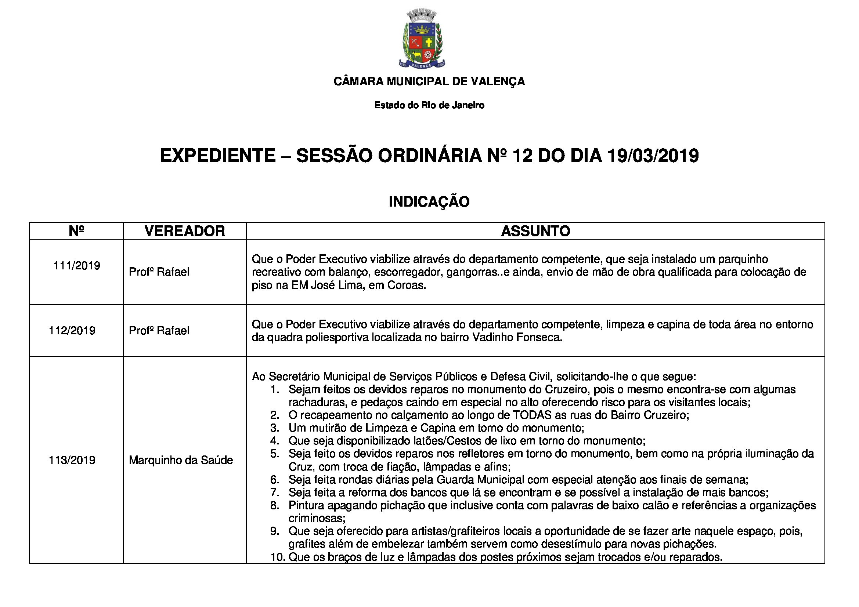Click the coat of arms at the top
pyautogui.click(x=422, y=39)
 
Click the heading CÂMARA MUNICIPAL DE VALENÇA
pyautogui.click(x=429, y=81)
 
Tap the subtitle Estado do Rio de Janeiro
pyautogui.click(x=429, y=105)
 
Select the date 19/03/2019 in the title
pyautogui.click(x=653, y=156)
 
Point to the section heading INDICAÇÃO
pyautogui.click(x=429, y=202)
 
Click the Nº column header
pyautogui.click(x=76, y=231)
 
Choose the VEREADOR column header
pyautogui.click(x=185, y=231)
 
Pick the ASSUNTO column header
pyautogui.click(x=535, y=231)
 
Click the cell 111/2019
pyautogui.click(x=77, y=266)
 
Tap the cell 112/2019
pyautogui.click(x=72, y=331)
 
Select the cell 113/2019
pyautogui.click(x=72, y=460)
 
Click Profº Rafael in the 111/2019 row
pyautogui.click(x=159, y=272)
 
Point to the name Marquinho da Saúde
pyautogui.click(x=181, y=460)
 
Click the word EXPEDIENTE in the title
pyautogui.click(x=218, y=156)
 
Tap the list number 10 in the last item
pyautogui.click(x=278, y=557)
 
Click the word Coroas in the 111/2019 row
pyautogui.click(x=406, y=286)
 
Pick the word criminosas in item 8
pyautogui.click(x=316, y=519)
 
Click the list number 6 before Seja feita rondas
pyautogui.click(x=275, y=480)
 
